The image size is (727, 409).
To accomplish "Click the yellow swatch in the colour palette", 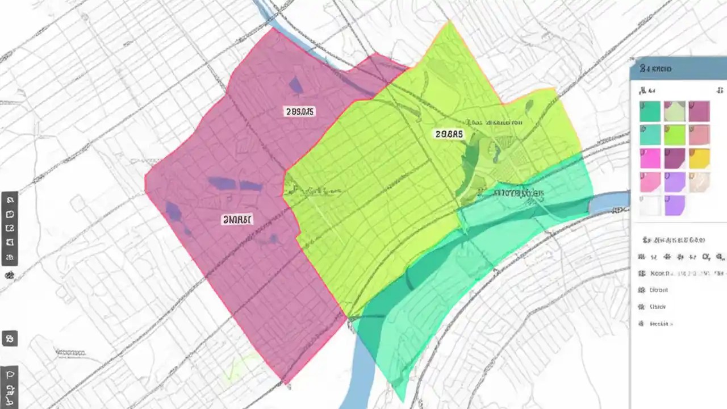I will click(699, 158).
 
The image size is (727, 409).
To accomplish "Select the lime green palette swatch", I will click(675, 135).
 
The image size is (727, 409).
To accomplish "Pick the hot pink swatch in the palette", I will click(650, 158).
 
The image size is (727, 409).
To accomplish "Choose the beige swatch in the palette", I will click(699, 182).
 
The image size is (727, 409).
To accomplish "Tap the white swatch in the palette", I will click(650, 206).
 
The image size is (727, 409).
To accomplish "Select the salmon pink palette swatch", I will click(699, 135).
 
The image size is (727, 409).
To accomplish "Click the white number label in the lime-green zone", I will click(449, 134).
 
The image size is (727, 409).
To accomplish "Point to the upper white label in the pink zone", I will click(299, 111).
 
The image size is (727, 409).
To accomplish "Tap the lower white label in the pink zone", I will click(237, 219).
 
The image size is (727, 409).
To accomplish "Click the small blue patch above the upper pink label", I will click(296, 85).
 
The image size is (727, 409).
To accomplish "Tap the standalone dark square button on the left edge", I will click(10, 339).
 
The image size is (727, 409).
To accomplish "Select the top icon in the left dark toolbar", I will click(10, 201).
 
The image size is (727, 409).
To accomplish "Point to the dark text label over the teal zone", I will click(519, 193).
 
